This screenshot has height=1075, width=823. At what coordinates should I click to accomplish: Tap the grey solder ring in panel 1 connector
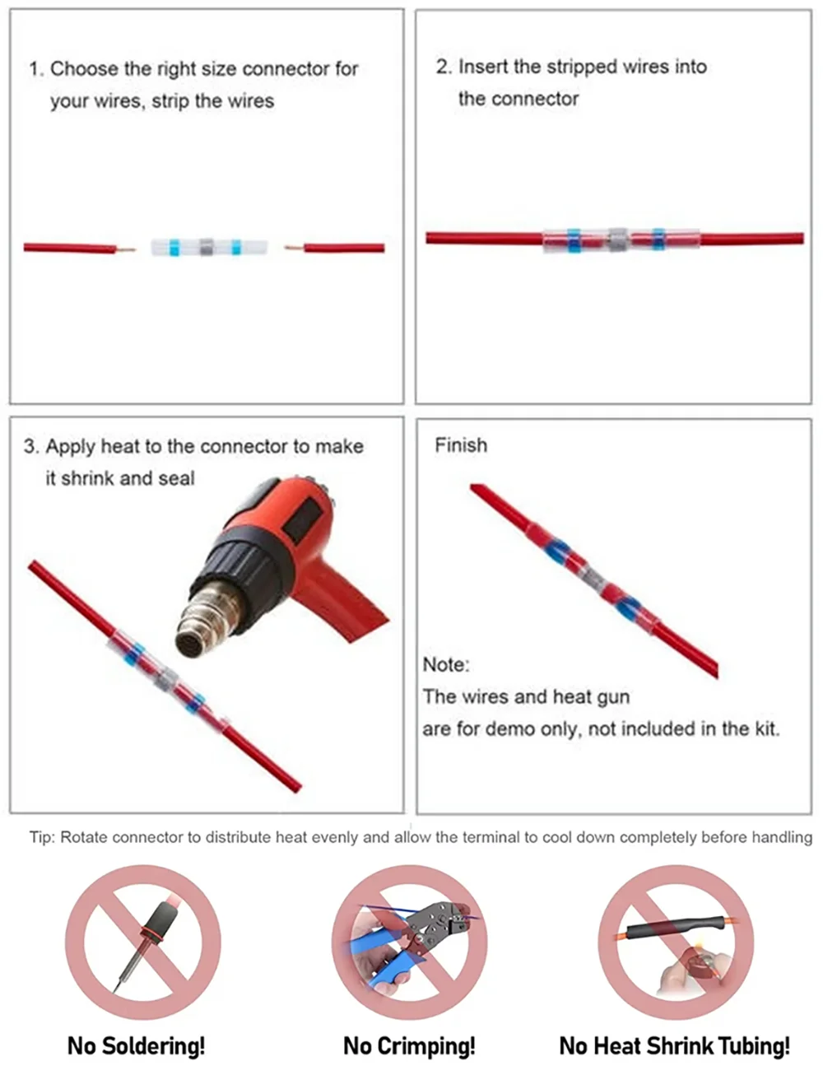pos(207,246)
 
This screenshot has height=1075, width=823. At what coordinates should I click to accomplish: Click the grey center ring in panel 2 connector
pos(617,240)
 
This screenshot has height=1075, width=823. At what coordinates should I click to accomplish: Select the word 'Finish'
pos(460,445)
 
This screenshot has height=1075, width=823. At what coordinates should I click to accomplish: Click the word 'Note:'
pos(445,664)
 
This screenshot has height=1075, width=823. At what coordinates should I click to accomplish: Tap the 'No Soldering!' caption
pos(136,1045)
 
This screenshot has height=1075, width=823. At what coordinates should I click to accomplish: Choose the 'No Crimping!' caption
pos(409,1045)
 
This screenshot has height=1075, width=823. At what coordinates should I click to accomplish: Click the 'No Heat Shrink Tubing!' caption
pos(674,1045)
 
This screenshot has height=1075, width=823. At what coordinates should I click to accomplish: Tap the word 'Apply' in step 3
pos(70,447)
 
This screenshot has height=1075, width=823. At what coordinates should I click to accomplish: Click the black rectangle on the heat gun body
pos(300,519)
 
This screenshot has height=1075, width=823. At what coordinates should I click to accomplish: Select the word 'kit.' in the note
pos(766,728)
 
